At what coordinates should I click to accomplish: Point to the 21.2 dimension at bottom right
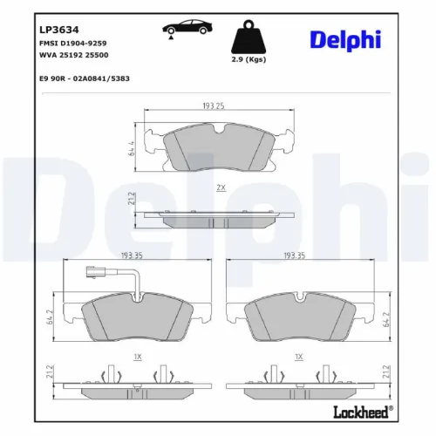tap(385, 373)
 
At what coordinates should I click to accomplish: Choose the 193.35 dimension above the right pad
tap(294, 257)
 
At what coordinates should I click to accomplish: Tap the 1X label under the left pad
tap(138, 357)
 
